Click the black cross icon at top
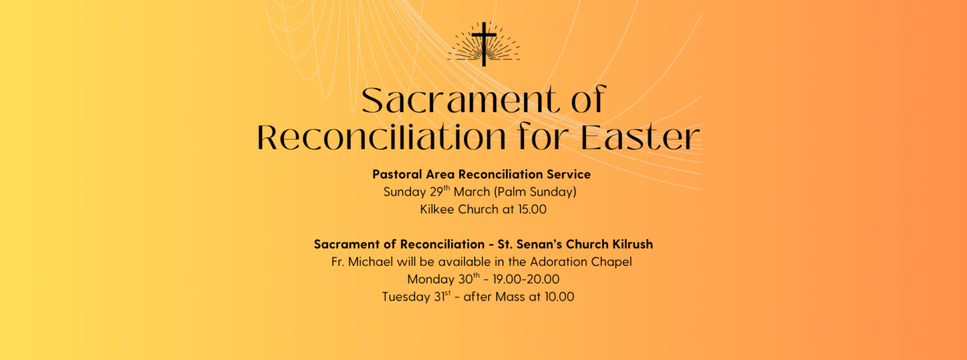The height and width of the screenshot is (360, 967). click(x=483, y=44)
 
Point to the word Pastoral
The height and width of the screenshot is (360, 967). click(x=396, y=174)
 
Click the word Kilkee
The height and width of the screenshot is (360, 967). click(x=438, y=209)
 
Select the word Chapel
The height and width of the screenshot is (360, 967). click(x=611, y=262)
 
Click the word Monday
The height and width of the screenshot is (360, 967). click(x=428, y=280)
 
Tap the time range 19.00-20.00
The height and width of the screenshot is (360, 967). click(x=526, y=280)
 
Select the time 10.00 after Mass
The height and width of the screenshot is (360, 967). click(x=557, y=297)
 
